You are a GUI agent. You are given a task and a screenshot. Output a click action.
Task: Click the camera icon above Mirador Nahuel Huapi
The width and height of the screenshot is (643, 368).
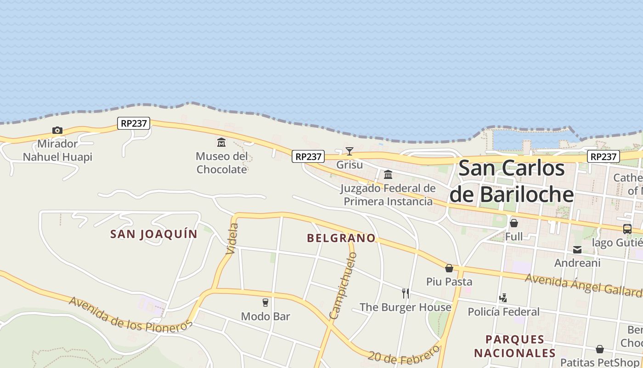tap(57, 130)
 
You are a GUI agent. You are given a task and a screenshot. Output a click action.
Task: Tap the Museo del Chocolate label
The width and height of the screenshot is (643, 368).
tap(222, 163)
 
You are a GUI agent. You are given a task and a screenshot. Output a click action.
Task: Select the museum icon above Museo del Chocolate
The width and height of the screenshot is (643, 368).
tap(221, 142)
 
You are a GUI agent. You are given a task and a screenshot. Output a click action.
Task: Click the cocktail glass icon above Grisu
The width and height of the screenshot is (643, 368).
tap(350, 151)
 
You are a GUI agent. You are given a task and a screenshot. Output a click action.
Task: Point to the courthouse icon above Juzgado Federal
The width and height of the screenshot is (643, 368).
tap(388, 174)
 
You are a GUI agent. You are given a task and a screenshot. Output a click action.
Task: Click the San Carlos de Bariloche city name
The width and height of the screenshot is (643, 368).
tap(512, 181)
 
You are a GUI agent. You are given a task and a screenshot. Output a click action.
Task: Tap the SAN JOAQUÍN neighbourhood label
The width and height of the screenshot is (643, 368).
tap(154, 234)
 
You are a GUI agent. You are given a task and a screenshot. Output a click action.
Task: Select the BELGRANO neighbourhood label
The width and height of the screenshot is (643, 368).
tap(341, 238)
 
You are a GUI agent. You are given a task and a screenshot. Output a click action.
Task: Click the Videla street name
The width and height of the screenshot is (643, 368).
tap(232, 238)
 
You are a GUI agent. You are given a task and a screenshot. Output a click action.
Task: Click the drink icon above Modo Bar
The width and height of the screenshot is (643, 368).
tap(265, 302)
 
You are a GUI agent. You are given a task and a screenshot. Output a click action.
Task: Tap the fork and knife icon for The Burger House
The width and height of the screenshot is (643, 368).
tap(406, 293)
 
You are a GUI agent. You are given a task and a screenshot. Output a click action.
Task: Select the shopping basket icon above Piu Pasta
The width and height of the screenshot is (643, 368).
tap(449, 268)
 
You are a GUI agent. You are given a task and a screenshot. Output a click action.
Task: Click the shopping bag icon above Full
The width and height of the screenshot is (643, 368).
tap(514, 223)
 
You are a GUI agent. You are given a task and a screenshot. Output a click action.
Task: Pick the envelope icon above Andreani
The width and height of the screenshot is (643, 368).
tap(577, 250)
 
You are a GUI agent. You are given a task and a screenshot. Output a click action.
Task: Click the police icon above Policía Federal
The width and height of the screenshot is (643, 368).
tap(503, 298)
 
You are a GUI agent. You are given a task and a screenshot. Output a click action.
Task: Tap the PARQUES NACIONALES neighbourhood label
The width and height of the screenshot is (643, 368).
tap(515, 346)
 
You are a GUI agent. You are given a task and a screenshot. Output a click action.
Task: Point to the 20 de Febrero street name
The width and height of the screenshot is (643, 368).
tap(404, 355)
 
